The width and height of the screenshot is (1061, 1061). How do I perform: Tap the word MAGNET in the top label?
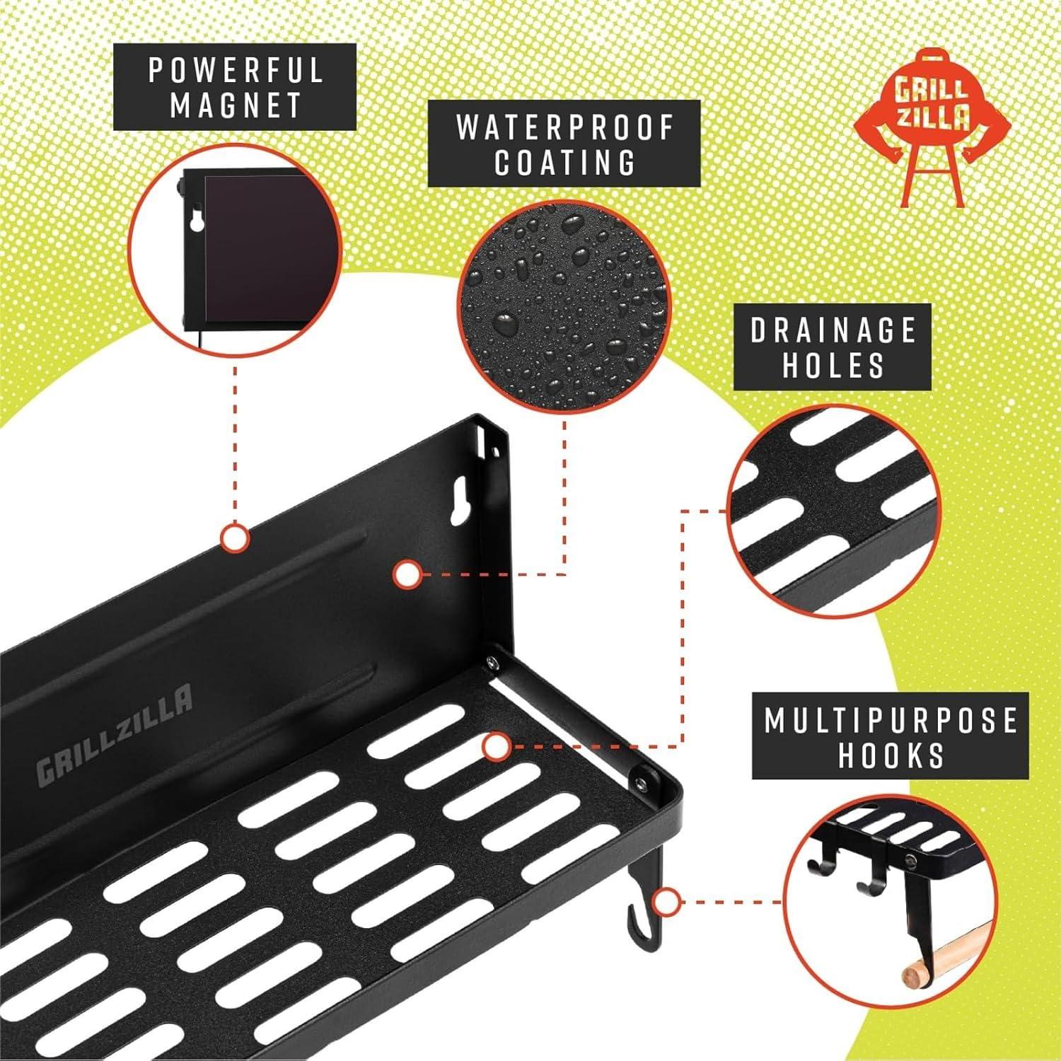(x=236, y=105)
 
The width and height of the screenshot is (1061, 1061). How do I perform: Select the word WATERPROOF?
(x=564, y=127)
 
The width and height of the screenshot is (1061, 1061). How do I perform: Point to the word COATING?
(x=564, y=162)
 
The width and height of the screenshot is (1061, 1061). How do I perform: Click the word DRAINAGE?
(x=833, y=330)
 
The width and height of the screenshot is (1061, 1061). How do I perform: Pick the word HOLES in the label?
(x=833, y=366)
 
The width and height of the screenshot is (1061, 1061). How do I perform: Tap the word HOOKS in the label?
(x=891, y=755)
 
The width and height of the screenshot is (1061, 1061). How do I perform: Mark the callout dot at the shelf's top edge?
(x=234, y=539)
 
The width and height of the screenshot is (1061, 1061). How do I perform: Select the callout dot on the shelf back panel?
(x=406, y=574)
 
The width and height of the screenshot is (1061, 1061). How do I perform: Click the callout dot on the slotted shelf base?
(x=497, y=746)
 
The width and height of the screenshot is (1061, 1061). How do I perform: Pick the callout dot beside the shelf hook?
(x=665, y=903)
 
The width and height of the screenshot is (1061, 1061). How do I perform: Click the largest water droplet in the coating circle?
(x=508, y=324)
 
